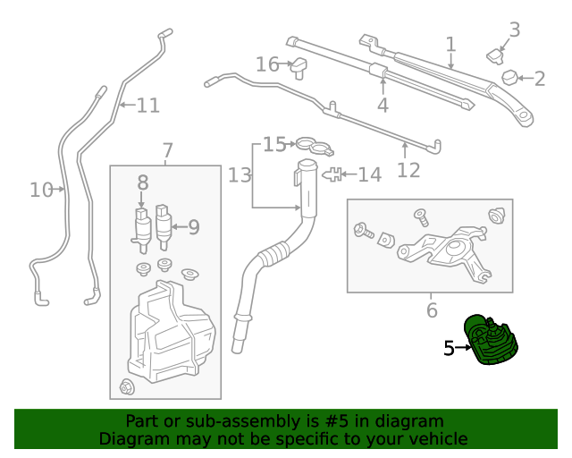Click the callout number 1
click(451, 43)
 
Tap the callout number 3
click(515, 29)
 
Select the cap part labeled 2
click(512, 78)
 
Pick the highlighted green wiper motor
click(492, 340)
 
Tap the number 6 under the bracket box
click(432, 310)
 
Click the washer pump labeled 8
click(141, 228)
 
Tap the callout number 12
click(408, 169)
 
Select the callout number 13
click(240, 175)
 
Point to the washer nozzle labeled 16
click(299, 66)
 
